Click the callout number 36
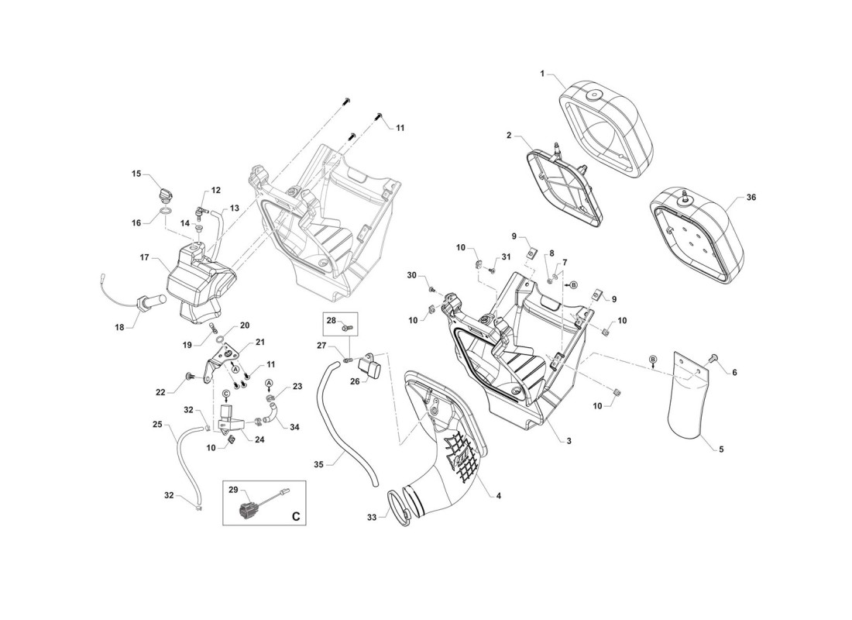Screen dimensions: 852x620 751,198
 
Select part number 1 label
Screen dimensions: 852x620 541,73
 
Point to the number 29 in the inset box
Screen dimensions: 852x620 233,491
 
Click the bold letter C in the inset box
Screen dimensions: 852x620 296,516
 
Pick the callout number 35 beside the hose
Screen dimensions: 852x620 319,464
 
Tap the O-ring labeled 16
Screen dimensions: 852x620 167,212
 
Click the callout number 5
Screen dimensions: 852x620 721,449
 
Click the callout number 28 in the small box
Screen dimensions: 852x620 331,321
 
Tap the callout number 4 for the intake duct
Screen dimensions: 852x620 498,495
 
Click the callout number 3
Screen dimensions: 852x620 569,441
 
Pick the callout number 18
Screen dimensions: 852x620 119,327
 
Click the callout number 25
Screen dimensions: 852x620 157,424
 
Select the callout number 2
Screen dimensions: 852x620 509,135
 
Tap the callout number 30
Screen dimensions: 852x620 411,276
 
